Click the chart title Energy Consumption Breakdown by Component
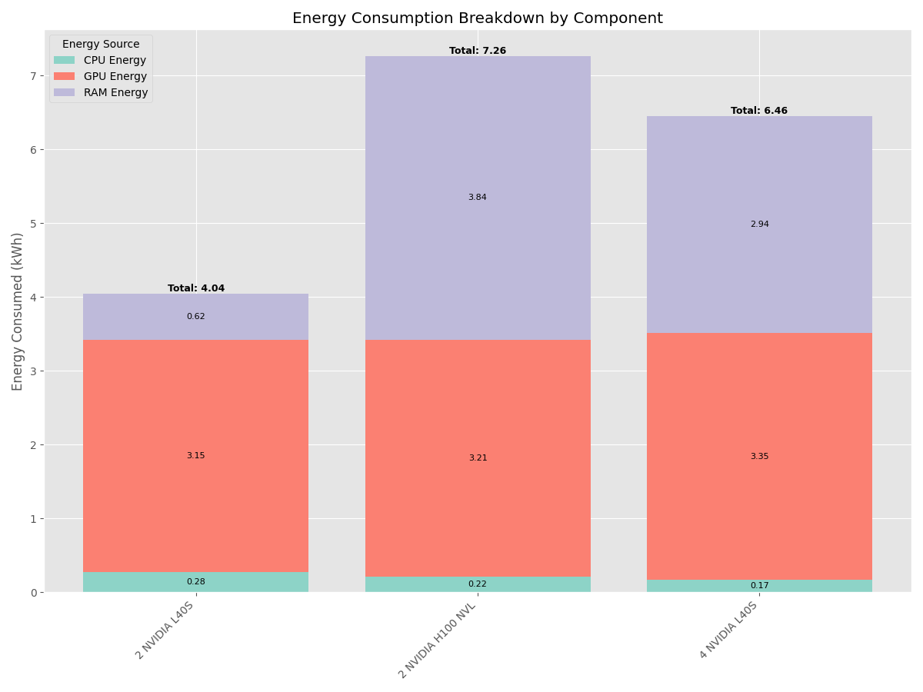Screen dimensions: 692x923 (477, 18)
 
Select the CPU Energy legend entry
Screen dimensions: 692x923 (115, 61)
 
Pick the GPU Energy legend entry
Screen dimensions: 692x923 (115, 77)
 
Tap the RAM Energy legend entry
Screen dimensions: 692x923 (115, 93)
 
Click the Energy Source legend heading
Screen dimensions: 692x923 (101, 45)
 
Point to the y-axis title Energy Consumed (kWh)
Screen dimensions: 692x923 (18, 311)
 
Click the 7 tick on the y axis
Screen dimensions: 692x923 (33, 75)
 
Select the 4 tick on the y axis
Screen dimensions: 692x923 (33, 297)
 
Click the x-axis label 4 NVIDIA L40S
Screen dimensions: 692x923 (729, 630)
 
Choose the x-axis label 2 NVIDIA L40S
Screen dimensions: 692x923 (165, 630)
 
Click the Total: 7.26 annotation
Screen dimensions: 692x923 (478, 51)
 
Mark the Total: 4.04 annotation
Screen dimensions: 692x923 (196, 288)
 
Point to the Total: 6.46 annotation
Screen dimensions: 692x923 (759, 111)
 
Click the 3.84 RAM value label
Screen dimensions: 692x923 (478, 198)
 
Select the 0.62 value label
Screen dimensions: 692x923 (196, 317)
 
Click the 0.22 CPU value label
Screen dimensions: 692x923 (478, 584)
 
